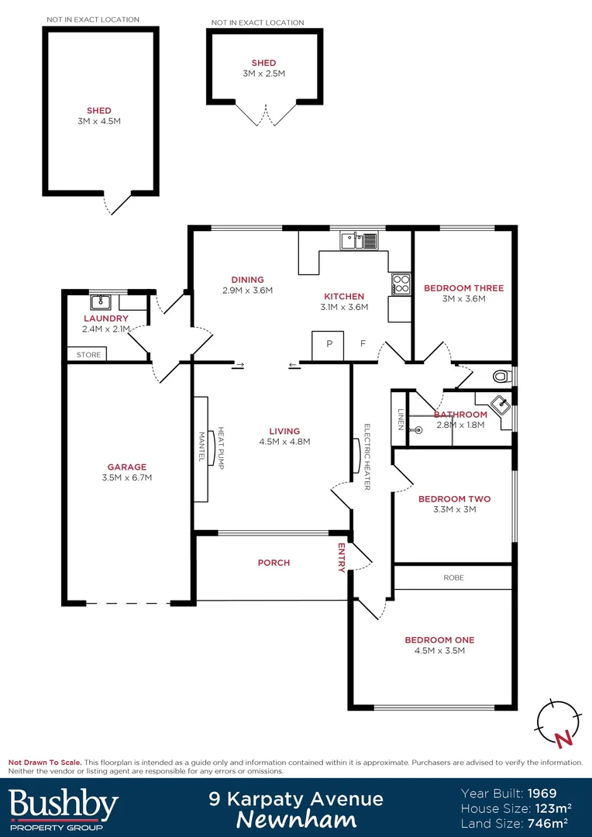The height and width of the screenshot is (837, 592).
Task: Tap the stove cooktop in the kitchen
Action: [400, 284]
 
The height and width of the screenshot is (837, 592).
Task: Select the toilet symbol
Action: [503, 377]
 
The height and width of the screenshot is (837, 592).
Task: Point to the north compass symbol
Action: [557, 723]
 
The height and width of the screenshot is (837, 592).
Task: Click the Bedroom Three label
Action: [463, 288]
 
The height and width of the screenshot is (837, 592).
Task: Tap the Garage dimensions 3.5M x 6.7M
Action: [127, 477]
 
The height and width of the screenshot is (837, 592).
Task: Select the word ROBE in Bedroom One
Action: [453, 577]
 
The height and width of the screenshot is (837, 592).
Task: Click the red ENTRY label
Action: [341, 558]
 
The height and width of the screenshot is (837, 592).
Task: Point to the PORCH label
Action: [274, 563]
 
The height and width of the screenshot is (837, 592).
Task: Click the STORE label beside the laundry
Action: [88, 355]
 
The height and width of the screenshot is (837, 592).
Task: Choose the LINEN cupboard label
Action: [401, 418]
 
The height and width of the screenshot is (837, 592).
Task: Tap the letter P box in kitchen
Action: [329, 344]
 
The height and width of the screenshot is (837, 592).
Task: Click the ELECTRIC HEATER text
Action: [367, 457]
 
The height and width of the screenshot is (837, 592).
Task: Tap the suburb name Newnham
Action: [296, 819]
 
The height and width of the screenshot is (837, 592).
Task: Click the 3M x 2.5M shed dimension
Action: [263, 74]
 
